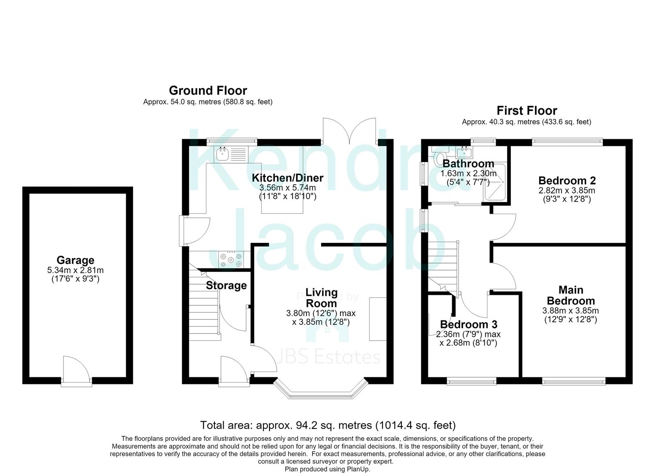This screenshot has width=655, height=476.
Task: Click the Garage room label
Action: pos(75,260)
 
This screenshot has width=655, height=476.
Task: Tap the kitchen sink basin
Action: pos(223,154)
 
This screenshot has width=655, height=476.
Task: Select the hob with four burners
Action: pos(231,259)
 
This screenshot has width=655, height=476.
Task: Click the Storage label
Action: pos(226,286)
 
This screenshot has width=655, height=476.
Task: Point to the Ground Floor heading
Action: pos(208,91)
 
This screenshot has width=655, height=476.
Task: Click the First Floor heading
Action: pos(527,111)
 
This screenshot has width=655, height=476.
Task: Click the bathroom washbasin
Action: pos(464,152)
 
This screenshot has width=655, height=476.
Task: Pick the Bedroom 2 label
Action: pos(567,181)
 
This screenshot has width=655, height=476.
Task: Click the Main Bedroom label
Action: pos(571,295)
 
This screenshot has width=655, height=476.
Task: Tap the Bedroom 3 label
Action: pos(469,324)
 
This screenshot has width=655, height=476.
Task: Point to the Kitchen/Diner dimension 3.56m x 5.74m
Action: pos(288,187)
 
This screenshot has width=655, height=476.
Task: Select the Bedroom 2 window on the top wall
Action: pos(567,142)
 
